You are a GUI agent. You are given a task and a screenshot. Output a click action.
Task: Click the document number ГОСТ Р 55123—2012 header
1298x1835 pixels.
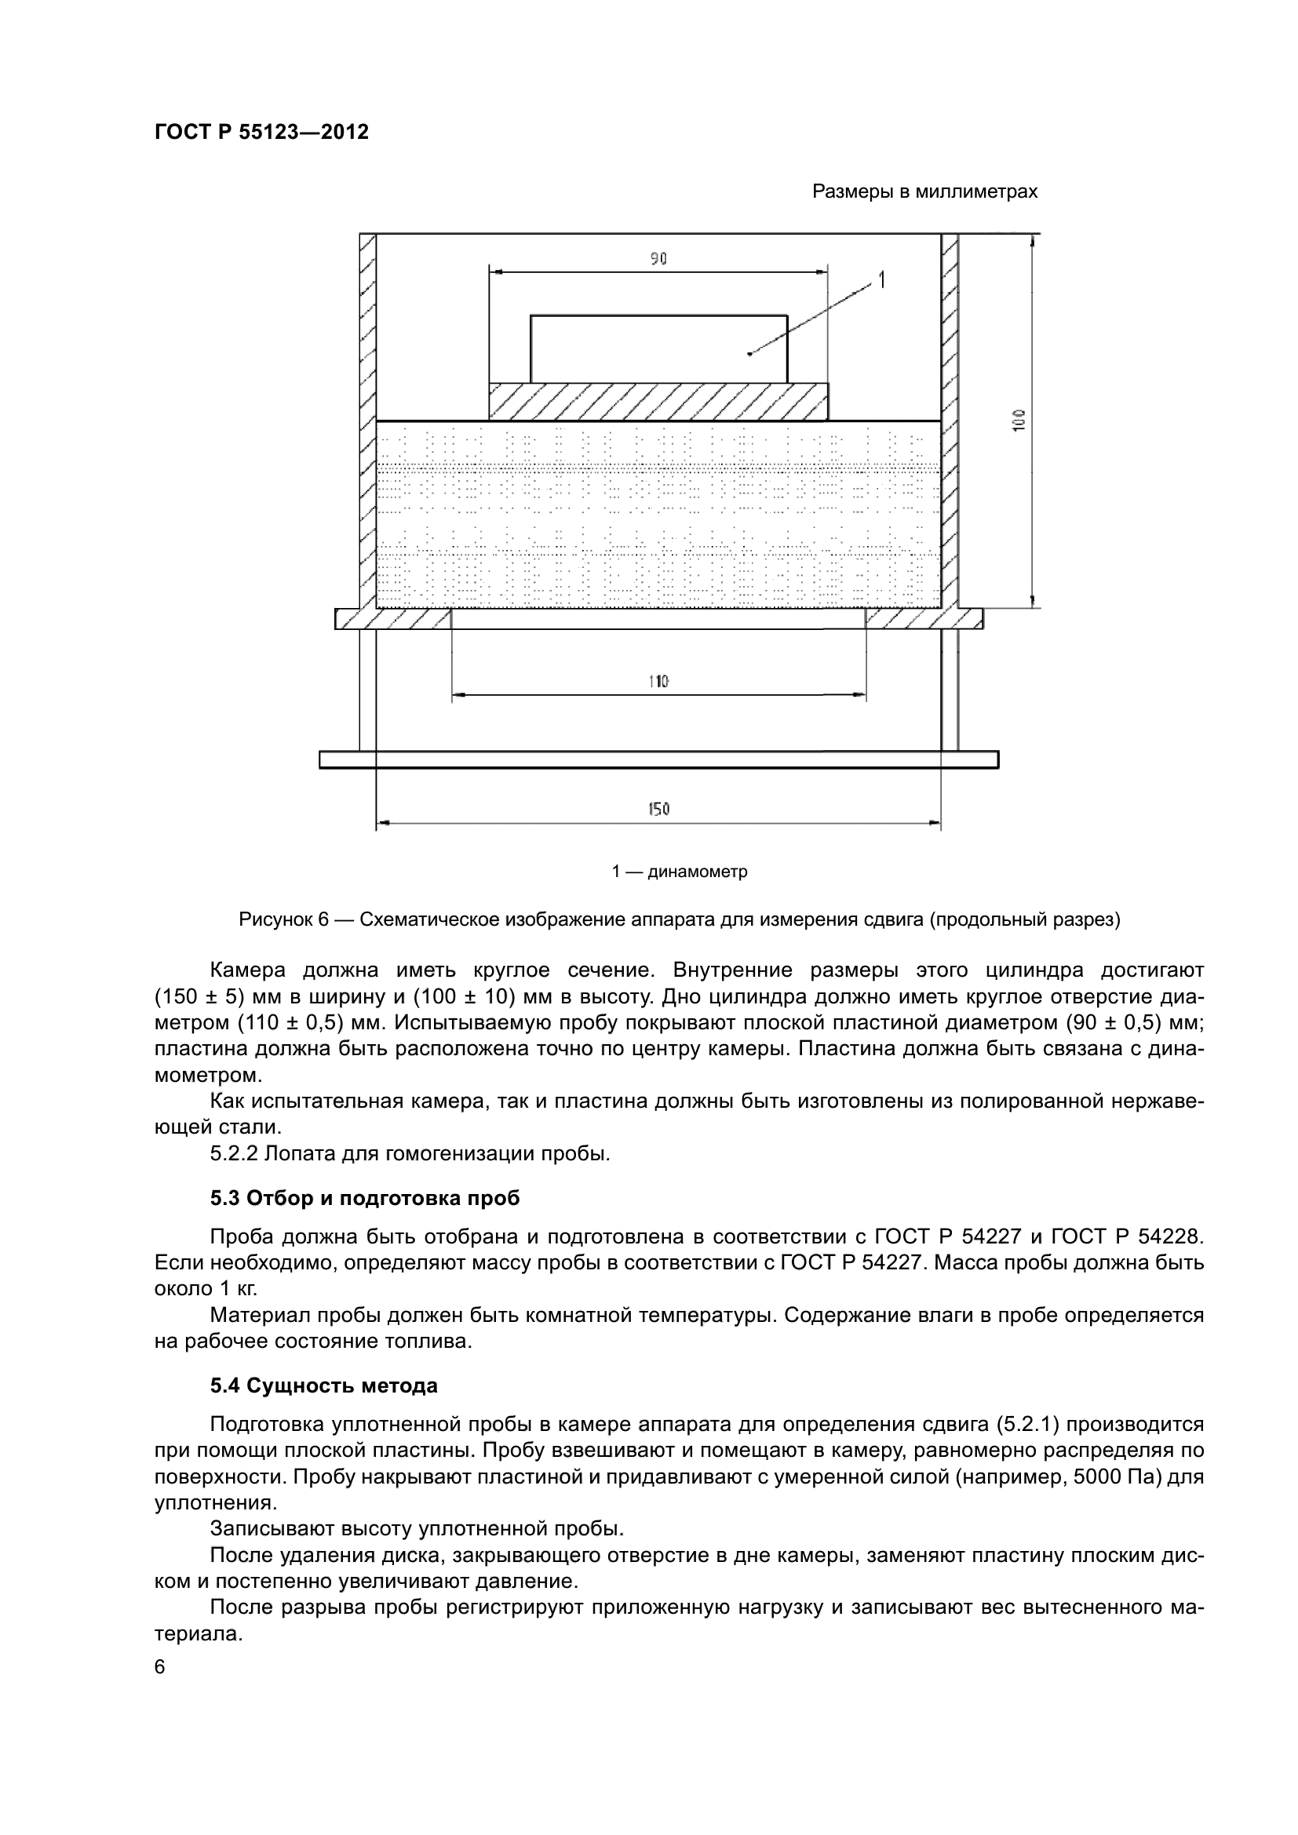click(x=261, y=132)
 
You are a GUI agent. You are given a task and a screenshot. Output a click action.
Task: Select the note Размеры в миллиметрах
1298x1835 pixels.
click(x=924, y=191)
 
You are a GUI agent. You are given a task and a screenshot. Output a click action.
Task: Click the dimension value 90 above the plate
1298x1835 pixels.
click(x=658, y=259)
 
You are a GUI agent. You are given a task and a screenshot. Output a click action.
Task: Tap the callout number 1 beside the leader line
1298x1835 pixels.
click(x=881, y=280)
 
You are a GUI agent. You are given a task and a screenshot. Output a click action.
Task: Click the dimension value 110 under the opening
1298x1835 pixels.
click(x=658, y=682)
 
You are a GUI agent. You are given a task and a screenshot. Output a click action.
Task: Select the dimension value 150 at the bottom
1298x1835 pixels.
click(x=658, y=809)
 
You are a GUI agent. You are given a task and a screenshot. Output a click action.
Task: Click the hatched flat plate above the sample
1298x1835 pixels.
click(x=658, y=401)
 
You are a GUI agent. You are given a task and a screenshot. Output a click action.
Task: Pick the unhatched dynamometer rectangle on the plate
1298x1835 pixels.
click(x=658, y=349)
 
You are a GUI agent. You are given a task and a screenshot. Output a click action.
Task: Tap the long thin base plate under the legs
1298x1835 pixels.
click(x=658, y=759)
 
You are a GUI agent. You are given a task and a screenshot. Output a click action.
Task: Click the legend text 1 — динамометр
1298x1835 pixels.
click(x=680, y=872)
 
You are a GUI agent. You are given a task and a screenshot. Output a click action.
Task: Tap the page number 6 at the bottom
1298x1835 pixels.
click(x=160, y=1667)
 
